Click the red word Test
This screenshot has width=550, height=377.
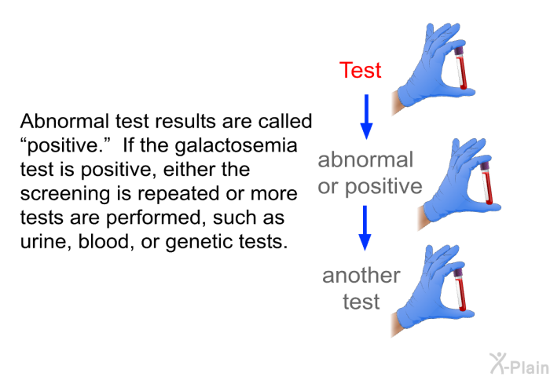[x=360, y=70]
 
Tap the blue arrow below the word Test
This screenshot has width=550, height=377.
[x=367, y=117]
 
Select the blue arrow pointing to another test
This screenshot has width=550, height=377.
[x=365, y=228]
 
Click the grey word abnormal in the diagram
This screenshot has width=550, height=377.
[x=365, y=160]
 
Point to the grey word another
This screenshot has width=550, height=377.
[x=361, y=276]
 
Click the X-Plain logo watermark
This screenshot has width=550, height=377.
[x=519, y=364]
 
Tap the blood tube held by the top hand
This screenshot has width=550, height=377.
[x=460, y=68]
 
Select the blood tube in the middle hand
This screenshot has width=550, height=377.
[x=487, y=183]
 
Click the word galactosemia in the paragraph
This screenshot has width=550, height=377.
[x=236, y=146]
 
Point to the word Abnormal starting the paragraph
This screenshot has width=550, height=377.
[x=64, y=121]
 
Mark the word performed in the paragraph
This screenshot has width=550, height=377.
[x=154, y=218]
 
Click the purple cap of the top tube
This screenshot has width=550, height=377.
[x=459, y=52]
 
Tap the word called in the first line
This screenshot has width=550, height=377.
[x=284, y=121]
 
